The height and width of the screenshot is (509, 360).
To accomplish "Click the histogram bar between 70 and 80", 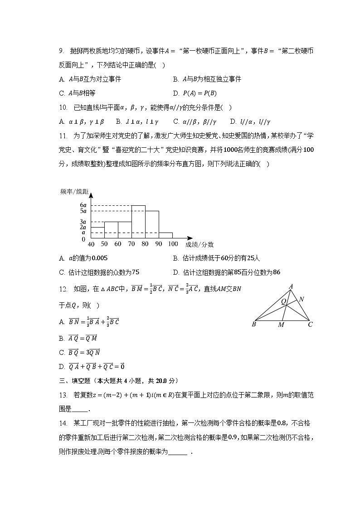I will click(138, 222).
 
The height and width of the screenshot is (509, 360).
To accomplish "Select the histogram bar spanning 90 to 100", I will click(165, 235).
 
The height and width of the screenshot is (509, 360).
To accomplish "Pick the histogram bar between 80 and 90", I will click(152, 224).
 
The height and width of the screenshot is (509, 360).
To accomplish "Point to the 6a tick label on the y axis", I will click(83, 205).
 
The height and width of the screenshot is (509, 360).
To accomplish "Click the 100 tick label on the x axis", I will click(173, 244).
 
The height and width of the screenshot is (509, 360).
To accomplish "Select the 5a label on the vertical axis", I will click(83, 211).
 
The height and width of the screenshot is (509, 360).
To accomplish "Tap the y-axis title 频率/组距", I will click(74, 192).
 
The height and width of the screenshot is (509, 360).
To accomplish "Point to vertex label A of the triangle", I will click(291, 286).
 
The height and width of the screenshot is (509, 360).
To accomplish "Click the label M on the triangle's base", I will click(281, 325).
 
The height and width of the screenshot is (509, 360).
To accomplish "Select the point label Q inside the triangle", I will click(283, 301).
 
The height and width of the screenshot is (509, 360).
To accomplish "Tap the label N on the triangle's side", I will click(302, 299).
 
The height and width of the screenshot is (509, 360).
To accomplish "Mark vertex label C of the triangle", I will click(310, 325).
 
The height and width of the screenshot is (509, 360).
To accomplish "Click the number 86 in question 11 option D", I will click(277, 272).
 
